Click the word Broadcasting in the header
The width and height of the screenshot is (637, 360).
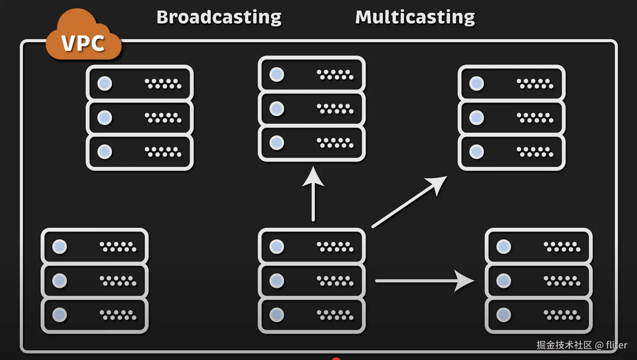coord(219,17)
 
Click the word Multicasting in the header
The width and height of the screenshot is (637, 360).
coord(415,17)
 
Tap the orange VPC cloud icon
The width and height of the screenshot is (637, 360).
coord(83,37)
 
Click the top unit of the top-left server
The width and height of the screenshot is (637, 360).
coord(140,83)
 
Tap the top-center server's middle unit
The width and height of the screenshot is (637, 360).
coord(312,109)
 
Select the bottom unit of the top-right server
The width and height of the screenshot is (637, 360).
coord(512,152)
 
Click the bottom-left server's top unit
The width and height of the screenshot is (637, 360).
coord(94,247)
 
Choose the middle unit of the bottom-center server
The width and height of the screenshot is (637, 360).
coord(312,281)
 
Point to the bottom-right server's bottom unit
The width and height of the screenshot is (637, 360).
coord(538,315)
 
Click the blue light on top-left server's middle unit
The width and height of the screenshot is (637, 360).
coord(105,118)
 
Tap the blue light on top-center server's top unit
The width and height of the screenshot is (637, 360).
coord(277,74)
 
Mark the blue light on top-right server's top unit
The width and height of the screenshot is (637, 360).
coord(476,83)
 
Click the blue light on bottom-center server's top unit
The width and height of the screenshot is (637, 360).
coord(277,247)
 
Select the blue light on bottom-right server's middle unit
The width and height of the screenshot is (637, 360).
coord(503,281)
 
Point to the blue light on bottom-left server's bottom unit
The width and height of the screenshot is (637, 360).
coord(60,315)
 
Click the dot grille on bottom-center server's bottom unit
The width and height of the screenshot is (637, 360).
coord(335,315)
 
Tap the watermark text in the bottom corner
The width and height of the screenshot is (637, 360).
coord(581,345)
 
